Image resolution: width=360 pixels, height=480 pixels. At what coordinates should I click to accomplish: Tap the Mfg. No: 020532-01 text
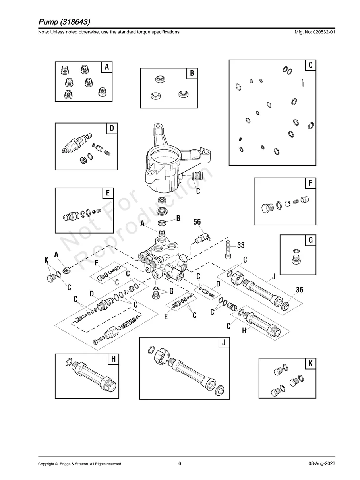314,32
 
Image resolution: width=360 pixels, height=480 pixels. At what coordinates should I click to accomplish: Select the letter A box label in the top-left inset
106,67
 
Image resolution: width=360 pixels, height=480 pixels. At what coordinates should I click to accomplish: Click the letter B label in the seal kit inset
192,74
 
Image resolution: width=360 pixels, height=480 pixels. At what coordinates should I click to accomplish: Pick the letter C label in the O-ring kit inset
311,65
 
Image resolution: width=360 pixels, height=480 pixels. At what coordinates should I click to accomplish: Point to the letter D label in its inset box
112,128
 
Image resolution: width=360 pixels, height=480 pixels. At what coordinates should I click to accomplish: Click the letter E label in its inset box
107,194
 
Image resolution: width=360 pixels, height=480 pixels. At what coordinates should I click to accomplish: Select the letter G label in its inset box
310,240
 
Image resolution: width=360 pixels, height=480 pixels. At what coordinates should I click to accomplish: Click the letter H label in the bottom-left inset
113,359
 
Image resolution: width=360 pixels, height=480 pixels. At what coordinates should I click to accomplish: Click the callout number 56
197,222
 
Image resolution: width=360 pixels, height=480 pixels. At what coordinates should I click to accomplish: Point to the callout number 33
241,246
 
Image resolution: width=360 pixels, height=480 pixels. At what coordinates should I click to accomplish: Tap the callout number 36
300,290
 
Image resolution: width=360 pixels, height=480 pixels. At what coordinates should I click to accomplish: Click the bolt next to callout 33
228,248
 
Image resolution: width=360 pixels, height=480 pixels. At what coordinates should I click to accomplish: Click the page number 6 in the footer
180,463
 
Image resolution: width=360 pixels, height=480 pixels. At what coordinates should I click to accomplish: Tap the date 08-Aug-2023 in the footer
321,464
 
